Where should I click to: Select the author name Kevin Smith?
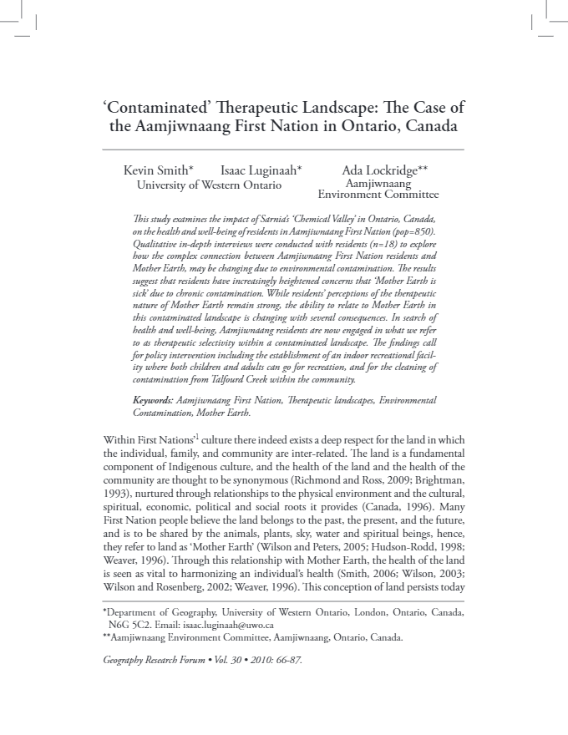click(x=157, y=170)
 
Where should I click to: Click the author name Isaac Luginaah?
click(x=261, y=170)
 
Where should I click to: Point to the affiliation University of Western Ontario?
click(x=209, y=185)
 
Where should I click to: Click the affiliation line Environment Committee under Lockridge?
click(x=384, y=195)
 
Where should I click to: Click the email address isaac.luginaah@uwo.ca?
click(x=236, y=624)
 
